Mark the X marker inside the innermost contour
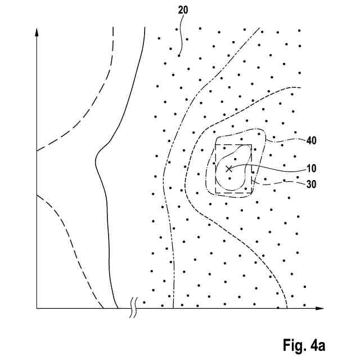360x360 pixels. [x=228, y=168]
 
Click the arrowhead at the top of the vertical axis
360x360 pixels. [x=37, y=33]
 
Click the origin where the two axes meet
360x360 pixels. [x=37, y=308]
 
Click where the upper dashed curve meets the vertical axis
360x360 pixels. [x=37, y=151]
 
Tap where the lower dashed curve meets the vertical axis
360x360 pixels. [x=37, y=195]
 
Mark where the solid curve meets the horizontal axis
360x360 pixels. [x=117, y=308]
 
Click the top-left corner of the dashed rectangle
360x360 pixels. [x=217, y=145]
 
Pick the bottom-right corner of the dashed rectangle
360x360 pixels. [x=251, y=193]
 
